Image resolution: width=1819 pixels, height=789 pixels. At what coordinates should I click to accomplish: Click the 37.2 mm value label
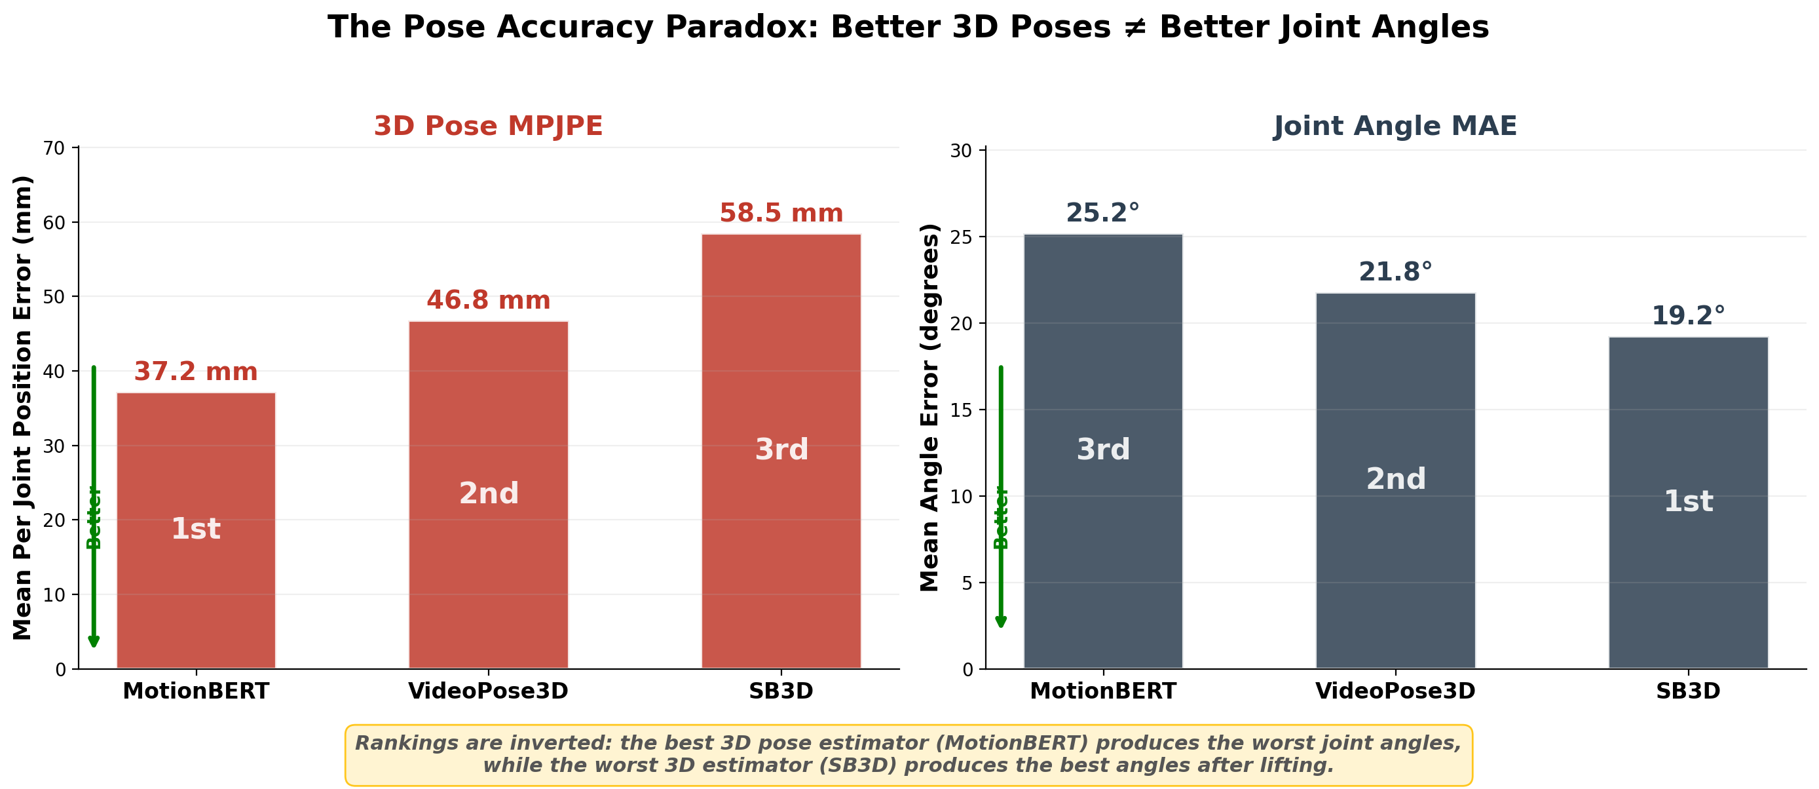196,372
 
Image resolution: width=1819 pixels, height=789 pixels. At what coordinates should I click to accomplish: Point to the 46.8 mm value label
488,300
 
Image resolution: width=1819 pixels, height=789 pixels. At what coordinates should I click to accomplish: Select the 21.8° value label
1395,272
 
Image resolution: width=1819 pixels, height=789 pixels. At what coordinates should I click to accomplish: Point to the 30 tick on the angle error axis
961,151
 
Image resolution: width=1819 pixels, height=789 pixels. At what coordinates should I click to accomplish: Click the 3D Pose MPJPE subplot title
488,126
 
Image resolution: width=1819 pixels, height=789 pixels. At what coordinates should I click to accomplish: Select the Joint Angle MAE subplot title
1395,126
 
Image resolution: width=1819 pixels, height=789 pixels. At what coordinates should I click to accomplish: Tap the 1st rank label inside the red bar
196,529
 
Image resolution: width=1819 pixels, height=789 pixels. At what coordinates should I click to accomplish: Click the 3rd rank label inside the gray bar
1103,450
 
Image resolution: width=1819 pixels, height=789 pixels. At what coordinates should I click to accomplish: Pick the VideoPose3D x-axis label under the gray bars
1395,691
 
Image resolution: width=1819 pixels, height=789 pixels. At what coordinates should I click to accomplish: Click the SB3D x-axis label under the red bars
781,691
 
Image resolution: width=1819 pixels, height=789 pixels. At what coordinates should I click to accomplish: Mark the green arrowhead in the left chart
93,641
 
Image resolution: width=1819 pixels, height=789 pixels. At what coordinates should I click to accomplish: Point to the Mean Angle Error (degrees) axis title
930,408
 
